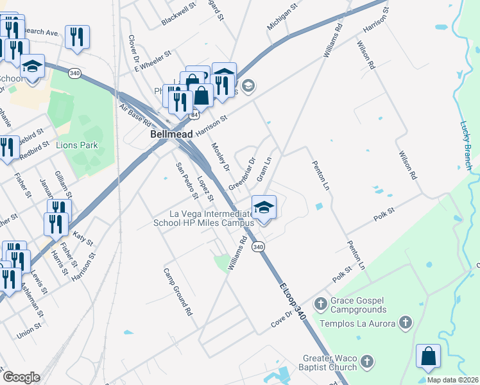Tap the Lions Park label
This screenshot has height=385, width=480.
coord(77,145)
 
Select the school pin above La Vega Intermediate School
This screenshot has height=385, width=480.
coord(264,209)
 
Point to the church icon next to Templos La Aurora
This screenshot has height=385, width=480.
coord(405,323)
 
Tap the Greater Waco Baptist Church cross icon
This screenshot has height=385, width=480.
coord(366,362)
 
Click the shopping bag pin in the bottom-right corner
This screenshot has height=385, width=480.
coord(428,357)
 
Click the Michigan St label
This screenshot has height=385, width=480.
coord(283,17)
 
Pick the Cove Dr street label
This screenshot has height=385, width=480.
coord(281,319)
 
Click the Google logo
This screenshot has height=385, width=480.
coord(21,377)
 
